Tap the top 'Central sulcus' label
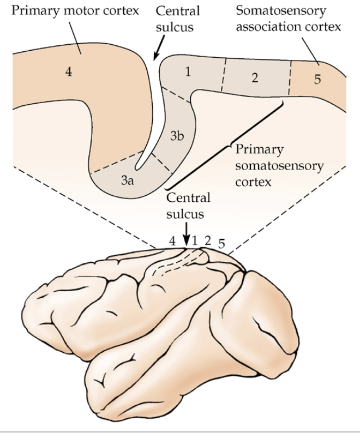point(178,19)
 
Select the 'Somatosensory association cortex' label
point(289,19)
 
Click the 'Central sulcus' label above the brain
point(188,205)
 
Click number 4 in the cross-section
point(68,72)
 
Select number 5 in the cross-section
point(317,80)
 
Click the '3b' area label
point(176,136)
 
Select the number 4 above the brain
point(173,242)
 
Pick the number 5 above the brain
point(221,243)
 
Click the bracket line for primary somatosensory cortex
point(226,145)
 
